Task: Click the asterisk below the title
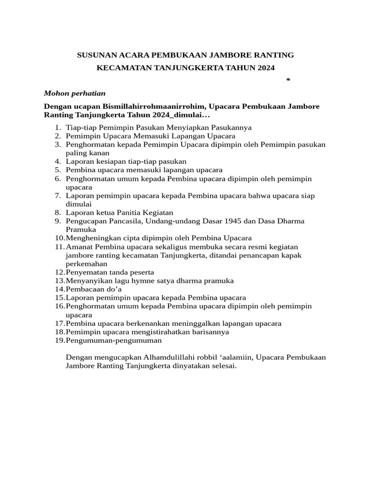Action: [x=288, y=80]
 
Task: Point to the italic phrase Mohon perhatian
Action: [x=75, y=93]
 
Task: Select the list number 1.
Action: [x=57, y=128]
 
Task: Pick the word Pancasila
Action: [x=118, y=221]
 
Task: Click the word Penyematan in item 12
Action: [x=84, y=272]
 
